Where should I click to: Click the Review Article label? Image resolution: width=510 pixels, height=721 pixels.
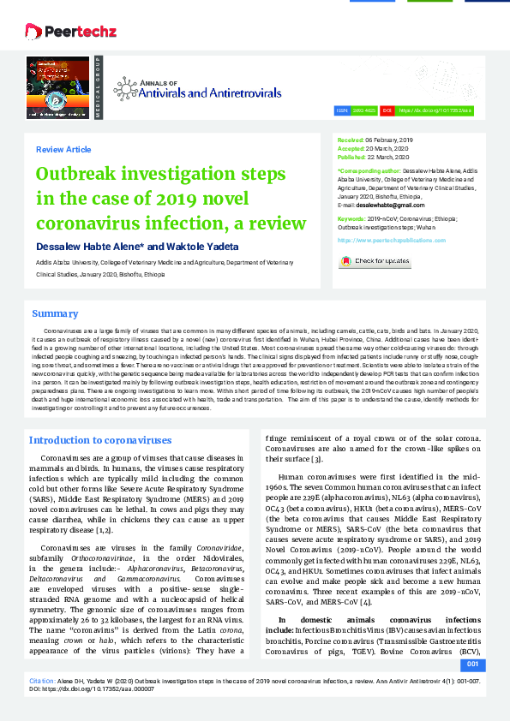pos(63,149)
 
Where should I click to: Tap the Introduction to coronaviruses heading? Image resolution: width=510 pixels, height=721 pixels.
pos(100,440)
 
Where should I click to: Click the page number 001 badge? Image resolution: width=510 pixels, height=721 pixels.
pos(471,664)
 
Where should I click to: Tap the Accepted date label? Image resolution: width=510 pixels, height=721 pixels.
pos(351,146)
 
